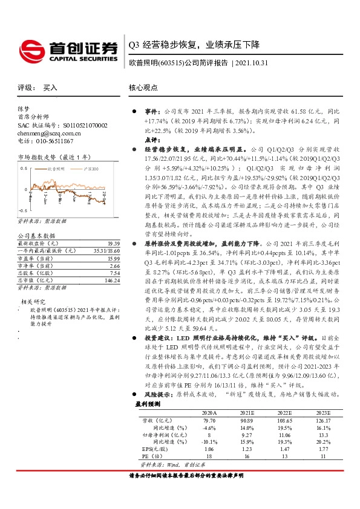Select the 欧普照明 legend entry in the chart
tap(58, 166)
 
